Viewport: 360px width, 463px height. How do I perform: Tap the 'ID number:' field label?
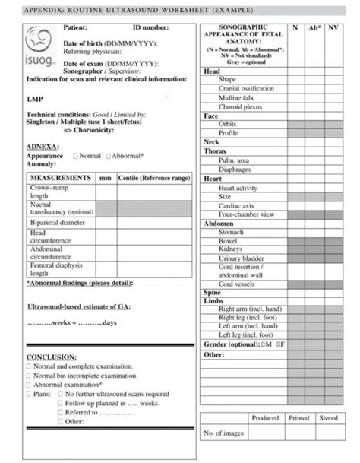pos(150,27)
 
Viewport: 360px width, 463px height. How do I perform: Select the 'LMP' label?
pos(35,99)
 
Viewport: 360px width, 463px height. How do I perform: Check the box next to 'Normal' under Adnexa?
pos(76,156)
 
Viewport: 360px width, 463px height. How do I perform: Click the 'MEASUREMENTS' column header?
pos(61,177)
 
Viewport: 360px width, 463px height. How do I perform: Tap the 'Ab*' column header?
pos(314,27)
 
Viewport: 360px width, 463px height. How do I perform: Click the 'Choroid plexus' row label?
pos(242,107)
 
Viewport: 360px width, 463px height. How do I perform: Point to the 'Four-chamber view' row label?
pos(246,215)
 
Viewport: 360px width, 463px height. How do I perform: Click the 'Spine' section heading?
pos(212,292)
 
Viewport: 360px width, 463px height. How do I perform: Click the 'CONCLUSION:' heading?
pos(52,357)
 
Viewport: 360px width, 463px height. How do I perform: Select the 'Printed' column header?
pos(299,418)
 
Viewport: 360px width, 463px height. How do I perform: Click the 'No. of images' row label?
pos(223,433)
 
